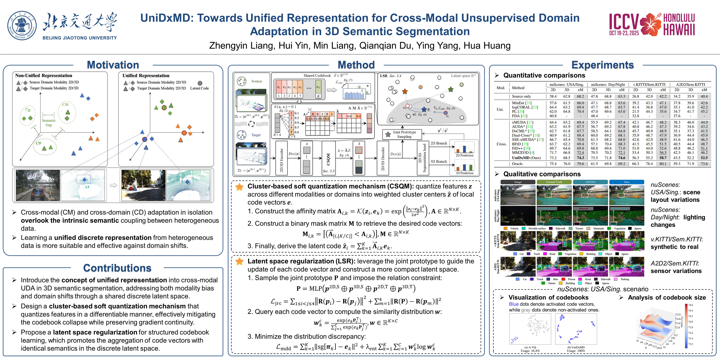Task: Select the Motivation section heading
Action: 113,65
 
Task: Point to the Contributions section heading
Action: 117,268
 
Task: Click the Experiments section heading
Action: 603,65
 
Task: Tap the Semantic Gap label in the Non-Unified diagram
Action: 49,122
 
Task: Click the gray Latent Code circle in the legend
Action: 200,83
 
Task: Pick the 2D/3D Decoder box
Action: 383,158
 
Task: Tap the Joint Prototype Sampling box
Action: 404,134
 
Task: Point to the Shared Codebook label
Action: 317,75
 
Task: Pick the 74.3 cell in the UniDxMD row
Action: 580,158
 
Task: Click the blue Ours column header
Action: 627,182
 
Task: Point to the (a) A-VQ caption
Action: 530,347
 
